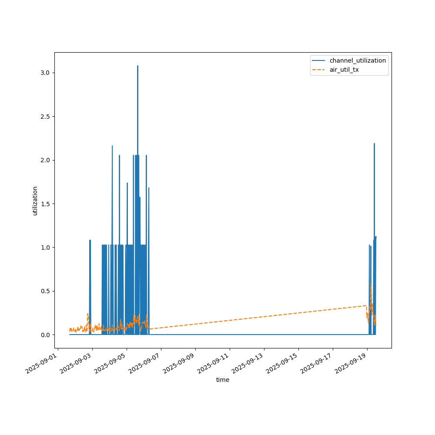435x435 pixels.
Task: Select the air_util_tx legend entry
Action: coord(344,70)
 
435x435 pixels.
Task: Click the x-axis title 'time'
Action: coord(223,380)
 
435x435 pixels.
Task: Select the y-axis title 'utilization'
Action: coord(35,201)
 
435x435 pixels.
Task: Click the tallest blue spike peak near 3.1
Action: coord(137,66)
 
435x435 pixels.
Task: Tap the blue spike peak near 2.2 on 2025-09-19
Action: coord(374,144)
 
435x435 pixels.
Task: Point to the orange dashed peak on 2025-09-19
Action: coord(371,284)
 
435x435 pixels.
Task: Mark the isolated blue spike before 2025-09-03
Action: coord(90,240)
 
